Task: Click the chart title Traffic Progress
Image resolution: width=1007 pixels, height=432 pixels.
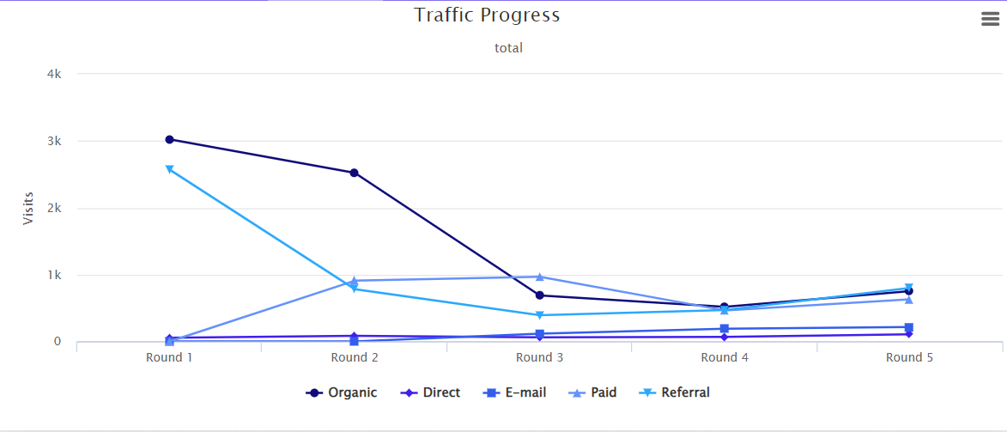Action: (487, 15)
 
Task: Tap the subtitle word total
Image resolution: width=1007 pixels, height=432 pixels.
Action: (508, 48)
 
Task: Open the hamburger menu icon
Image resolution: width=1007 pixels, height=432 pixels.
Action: (990, 20)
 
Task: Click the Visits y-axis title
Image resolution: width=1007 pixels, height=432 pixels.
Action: (28, 207)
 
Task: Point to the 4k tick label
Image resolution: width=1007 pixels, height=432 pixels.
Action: (54, 74)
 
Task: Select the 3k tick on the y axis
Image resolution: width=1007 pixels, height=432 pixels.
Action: (54, 141)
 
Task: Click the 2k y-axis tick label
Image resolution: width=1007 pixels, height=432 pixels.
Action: (54, 208)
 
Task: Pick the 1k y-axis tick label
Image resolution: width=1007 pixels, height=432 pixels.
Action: (54, 275)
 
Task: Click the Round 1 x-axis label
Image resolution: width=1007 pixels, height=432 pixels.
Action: (169, 357)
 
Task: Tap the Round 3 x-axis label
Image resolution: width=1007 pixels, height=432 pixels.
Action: (539, 357)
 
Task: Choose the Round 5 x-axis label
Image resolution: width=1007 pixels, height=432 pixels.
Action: (909, 357)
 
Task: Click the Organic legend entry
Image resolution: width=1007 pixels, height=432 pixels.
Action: (342, 392)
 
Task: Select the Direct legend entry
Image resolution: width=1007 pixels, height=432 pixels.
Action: (431, 392)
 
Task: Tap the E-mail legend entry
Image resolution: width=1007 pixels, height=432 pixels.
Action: (514, 392)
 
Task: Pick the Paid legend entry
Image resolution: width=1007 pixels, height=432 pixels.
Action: (593, 392)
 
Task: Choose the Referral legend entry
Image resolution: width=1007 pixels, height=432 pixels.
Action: (676, 392)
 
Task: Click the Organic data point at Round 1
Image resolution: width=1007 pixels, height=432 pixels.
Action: (169, 139)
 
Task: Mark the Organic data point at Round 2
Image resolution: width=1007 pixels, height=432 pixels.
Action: (354, 173)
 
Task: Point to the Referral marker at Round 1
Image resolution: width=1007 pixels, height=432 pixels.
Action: (169, 169)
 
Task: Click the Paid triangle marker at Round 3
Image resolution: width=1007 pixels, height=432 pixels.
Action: (539, 277)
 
